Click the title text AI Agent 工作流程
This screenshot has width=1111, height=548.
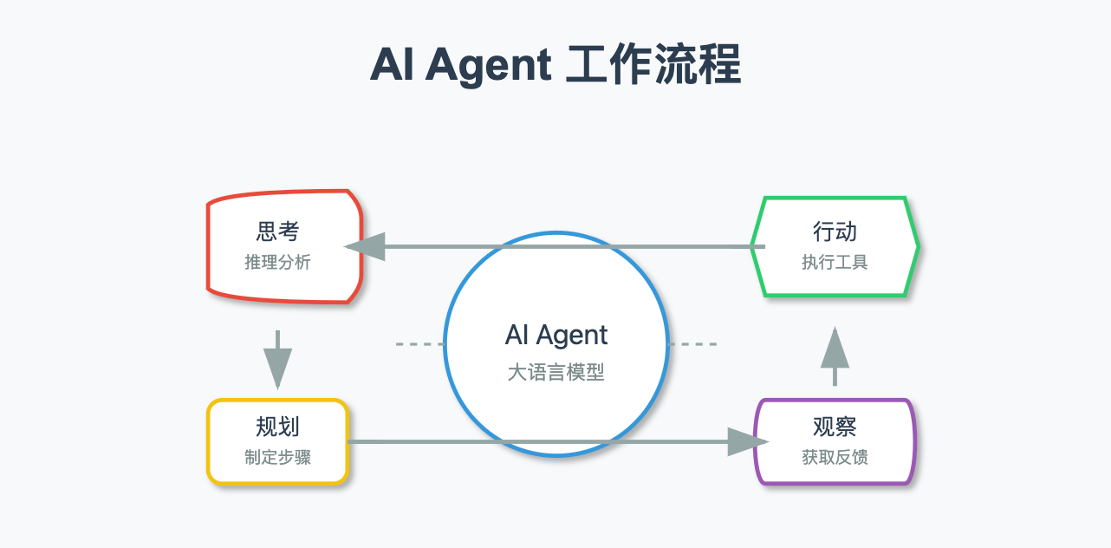coord(555,65)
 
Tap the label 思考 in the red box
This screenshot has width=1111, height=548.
coord(277,232)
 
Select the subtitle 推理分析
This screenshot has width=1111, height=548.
coord(277,262)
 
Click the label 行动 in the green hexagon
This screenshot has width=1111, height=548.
coord(835,232)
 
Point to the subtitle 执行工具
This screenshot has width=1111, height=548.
coord(835,262)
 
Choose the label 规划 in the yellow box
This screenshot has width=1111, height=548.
coord(277,427)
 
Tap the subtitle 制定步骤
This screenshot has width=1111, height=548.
coord(277,456)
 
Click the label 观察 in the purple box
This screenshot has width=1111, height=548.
coord(835,427)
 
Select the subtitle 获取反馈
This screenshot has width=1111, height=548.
coord(835,456)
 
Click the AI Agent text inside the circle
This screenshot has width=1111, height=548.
coord(556,336)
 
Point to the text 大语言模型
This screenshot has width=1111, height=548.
coord(556,373)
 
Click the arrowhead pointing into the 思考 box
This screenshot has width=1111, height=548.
coord(364,246)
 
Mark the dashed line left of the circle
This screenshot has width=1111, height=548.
coord(419,344)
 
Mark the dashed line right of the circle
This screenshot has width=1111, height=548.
coord(692,344)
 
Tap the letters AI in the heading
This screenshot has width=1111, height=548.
coord(392,65)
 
